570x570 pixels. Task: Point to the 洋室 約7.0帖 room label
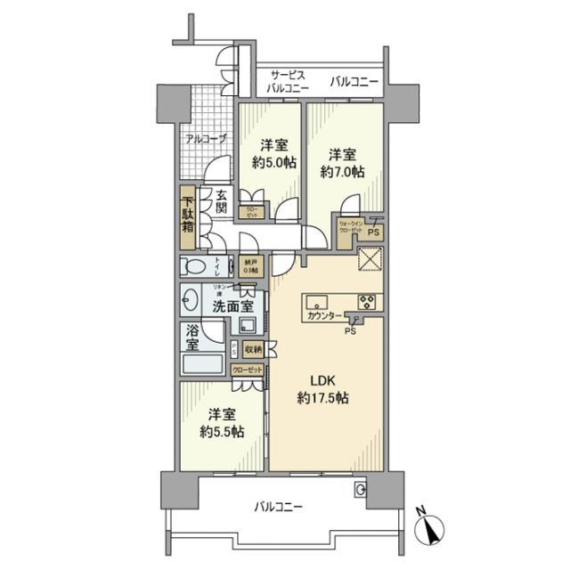[x=344, y=161]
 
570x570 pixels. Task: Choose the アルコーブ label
[x=206, y=138]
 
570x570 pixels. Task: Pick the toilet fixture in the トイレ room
[x=197, y=265]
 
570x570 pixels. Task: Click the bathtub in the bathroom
[x=203, y=366]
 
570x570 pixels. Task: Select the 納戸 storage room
[x=251, y=265]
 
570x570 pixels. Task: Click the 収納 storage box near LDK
[x=252, y=349]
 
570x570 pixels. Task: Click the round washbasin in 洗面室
[x=190, y=298]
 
